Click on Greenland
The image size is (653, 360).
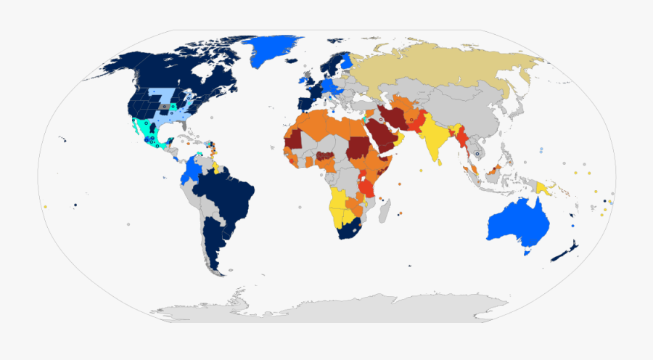point(272,49)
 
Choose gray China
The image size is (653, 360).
point(472,116)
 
